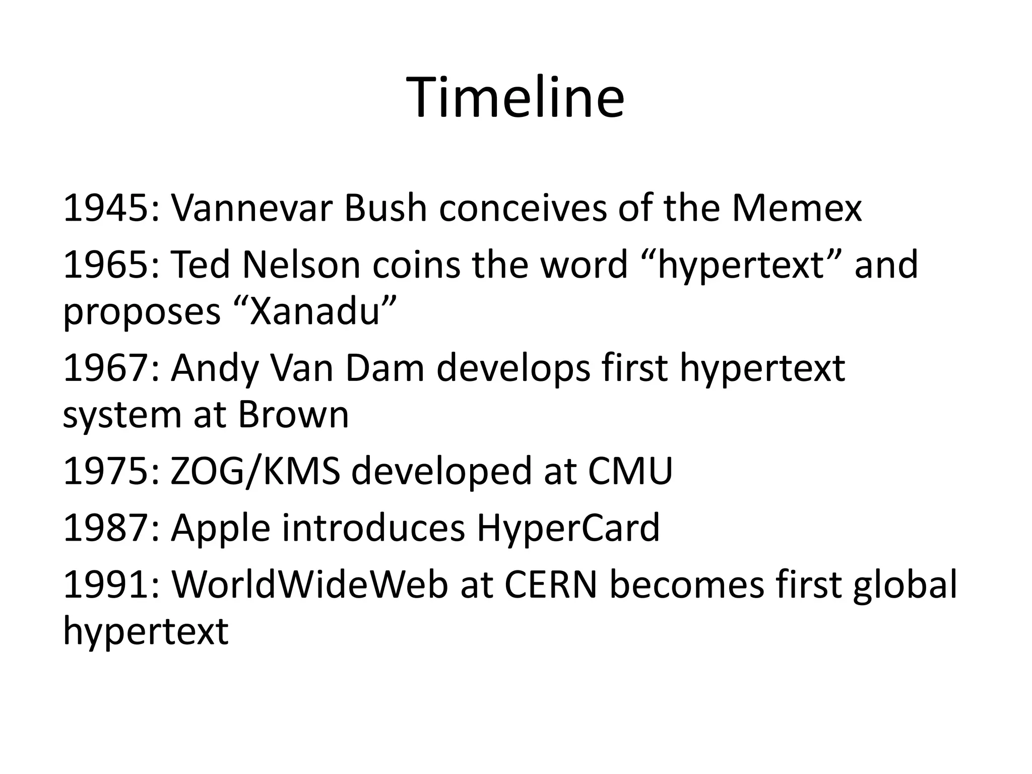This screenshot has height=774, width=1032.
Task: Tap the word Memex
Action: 797,208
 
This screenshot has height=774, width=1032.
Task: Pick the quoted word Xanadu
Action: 315,311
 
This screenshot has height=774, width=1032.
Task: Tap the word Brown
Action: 293,415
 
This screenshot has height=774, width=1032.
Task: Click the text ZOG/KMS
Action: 255,471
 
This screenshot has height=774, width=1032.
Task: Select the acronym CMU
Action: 630,471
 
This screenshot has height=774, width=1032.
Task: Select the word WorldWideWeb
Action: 309,585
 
